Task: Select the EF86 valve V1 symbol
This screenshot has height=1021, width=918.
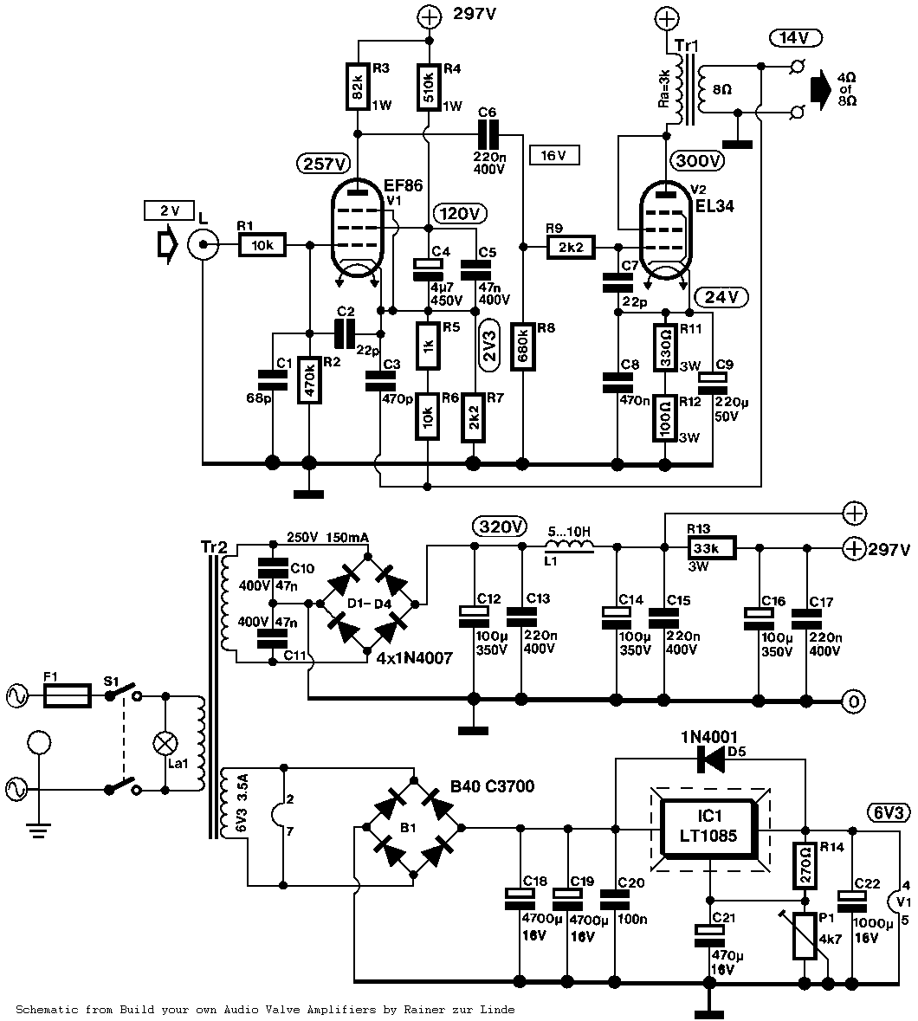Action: point(358,232)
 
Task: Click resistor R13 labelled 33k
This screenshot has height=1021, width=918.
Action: point(710,547)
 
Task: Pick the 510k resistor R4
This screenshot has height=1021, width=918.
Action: point(429,86)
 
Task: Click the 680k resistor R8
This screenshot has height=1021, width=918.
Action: point(522,346)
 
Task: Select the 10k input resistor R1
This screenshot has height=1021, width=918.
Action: point(262,247)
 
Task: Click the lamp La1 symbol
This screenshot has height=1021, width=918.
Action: point(165,743)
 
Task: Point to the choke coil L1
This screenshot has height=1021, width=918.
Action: point(569,545)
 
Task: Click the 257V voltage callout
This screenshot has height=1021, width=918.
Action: point(323,163)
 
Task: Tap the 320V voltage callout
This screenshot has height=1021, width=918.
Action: point(500,527)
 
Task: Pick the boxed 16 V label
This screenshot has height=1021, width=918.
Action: point(553,155)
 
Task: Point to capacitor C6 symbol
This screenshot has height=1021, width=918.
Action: point(490,134)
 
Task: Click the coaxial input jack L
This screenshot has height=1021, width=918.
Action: point(202,247)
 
